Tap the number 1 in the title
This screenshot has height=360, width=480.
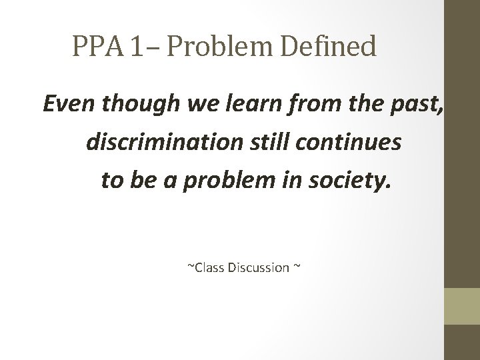137,47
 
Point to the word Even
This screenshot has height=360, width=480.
63,105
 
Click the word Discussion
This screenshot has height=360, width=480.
259,268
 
